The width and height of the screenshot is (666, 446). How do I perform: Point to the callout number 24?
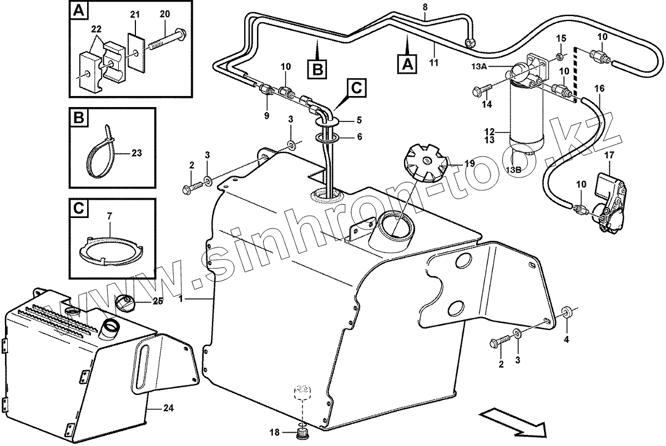pos(168,408)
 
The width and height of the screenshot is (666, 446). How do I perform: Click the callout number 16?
pos(598,88)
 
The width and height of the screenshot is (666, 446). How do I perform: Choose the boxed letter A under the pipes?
pos(407,62)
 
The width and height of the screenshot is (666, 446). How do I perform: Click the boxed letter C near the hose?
pos(356,88)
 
